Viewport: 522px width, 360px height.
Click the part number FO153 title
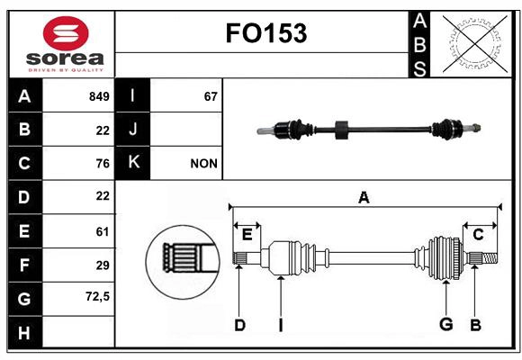point(265,33)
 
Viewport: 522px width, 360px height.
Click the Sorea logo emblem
point(66,34)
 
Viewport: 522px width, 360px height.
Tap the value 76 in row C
point(102,164)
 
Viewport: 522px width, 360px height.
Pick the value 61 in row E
point(102,231)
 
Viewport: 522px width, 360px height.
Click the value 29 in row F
point(102,265)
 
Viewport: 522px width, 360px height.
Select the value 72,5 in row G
point(97,297)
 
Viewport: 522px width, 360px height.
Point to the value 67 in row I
point(211,96)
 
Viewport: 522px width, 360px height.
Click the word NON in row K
point(203,164)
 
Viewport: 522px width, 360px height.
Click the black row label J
point(133,130)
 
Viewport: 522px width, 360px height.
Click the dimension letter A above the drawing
point(364,197)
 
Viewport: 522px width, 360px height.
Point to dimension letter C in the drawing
point(478,234)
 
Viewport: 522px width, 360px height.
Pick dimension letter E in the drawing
point(247,234)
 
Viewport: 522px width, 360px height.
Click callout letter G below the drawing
point(445,325)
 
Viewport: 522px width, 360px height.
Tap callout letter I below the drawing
point(280,325)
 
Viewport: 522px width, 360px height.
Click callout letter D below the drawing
point(239,325)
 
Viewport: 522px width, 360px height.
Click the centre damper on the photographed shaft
point(341,129)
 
